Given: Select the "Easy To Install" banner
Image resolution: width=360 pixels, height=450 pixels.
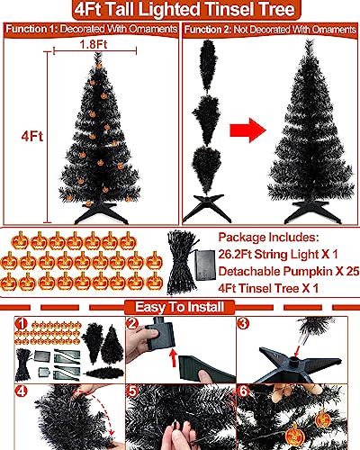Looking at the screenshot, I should click(x=180, y=306).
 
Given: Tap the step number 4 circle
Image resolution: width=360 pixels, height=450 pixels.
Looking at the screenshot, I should click(x=18, y=393).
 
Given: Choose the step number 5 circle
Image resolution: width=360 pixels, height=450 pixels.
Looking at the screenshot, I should click(x=131, y=393).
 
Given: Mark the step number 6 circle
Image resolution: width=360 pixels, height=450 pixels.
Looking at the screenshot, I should click(x=245, y=393).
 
